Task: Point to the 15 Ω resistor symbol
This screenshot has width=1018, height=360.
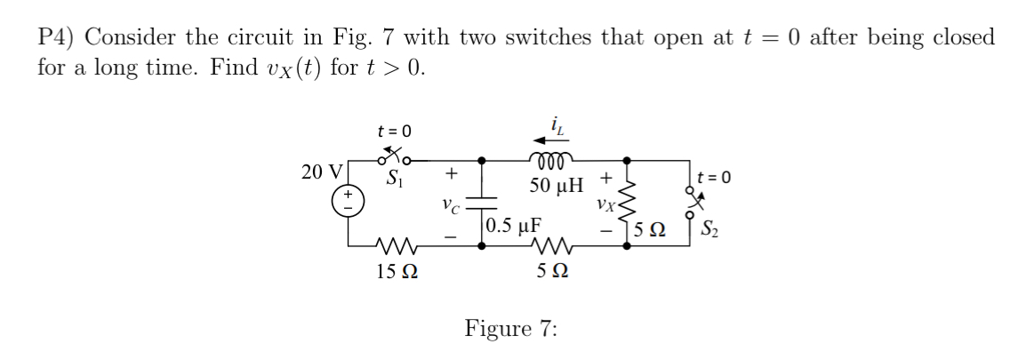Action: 388,245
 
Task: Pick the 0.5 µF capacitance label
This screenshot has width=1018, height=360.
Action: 515,222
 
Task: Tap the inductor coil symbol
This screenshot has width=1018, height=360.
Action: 555,162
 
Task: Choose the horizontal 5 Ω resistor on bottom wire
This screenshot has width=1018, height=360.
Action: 555,245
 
